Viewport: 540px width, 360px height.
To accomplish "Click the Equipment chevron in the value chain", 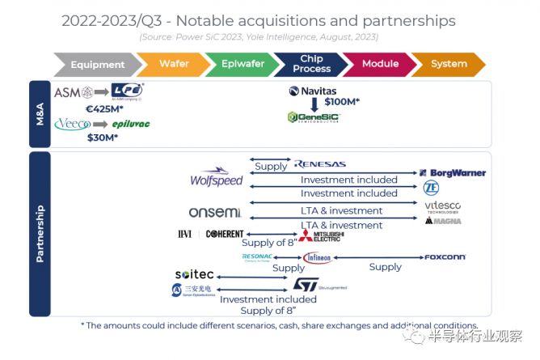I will tap(96, 64).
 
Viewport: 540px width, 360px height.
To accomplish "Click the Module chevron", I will tap(379, 64).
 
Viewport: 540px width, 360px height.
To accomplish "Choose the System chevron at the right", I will tap(449, 64).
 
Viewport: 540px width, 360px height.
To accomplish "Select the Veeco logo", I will tap(71, 124).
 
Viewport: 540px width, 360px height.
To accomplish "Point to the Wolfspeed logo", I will tap(216, 179).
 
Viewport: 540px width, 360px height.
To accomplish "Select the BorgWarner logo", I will tap(453, 173).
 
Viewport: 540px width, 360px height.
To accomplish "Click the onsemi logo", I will tap(214, 212).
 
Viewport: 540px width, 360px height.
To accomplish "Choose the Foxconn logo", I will tap(445, 257).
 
